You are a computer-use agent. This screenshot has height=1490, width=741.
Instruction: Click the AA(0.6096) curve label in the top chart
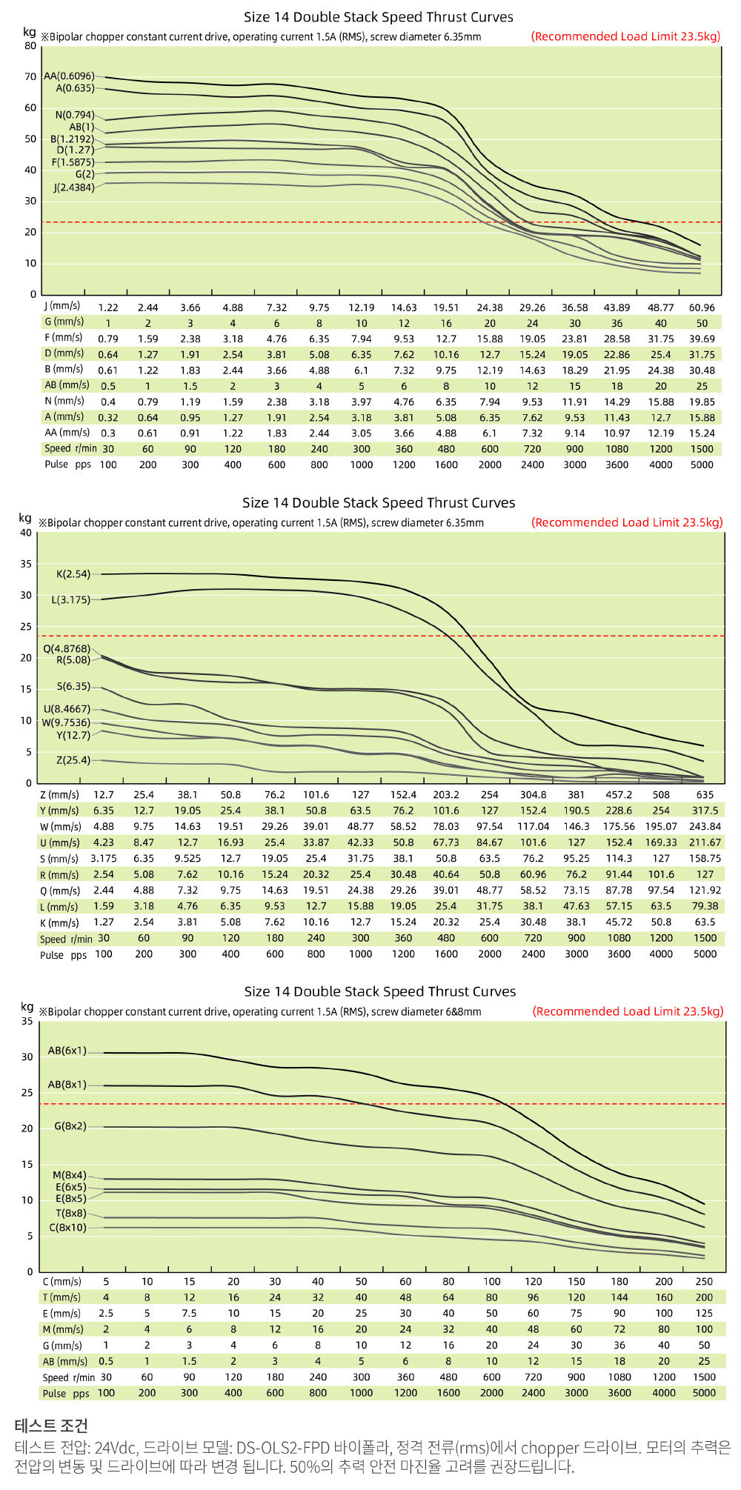pyautogui.click(x=69, y=76)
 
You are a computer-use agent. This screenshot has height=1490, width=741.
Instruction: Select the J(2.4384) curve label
pyautogui.click(x=73, y=187)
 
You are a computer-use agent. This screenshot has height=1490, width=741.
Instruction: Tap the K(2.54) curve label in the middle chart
pyautogui.click(x=73, y=574)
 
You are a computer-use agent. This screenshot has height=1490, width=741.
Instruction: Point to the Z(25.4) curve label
pyautogui.click(x=73, y=760)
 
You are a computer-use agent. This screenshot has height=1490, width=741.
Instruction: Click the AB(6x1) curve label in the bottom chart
pyautogui.click(x=67, y=1051)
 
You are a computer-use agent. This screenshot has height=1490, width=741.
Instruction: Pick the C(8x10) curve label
pyautogui.click(x=67, y=1228)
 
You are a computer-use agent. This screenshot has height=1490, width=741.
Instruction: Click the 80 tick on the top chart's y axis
pyautogui.click(x=30, y=46)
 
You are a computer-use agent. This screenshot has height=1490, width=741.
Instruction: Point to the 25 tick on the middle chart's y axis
pyautogui.click(x=27, y=627)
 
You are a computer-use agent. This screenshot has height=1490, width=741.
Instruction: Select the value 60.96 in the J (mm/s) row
pyautogui.click(x=702, y=307)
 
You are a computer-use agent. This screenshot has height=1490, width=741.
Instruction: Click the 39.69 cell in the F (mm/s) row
pyautogui.click(x=702, y=339)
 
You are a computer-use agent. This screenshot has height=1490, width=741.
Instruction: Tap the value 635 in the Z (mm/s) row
pyautogui.click(x=705, y=795)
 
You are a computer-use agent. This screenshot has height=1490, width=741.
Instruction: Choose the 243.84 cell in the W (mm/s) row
pyautogui.click(x=705, y=827)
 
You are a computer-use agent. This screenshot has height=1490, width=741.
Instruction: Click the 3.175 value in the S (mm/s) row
pyautogui.click(x=104, y=859)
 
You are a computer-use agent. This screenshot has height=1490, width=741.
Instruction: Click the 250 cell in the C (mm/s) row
pyautogui.click(x=704, y=1282)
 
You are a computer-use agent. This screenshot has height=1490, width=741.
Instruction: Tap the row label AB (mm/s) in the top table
pyautogui.click(x=67, y=385)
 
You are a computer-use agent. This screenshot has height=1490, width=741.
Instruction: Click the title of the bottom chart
pyautogui.click(x=379, y=992)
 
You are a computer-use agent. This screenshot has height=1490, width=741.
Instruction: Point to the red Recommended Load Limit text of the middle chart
pyautogui.click(x=626, y=522)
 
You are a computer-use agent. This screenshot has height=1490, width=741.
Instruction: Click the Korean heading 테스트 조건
pyautogui.click(x=51, y=1426)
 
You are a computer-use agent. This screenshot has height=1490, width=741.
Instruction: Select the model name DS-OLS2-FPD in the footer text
pyautogui.click(x=282, y=1448)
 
